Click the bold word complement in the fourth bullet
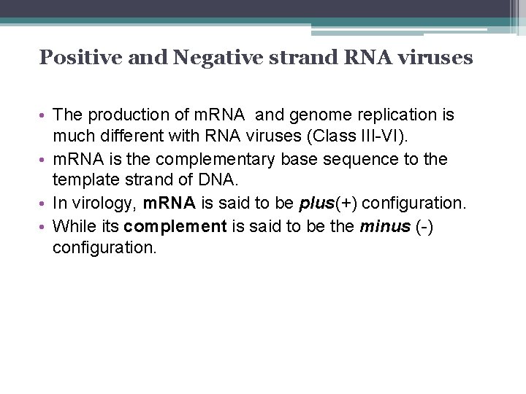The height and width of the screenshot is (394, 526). pos(175,226)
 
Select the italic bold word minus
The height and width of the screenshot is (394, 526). pos(384,226)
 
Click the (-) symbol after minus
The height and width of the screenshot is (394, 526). pos(424,226)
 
